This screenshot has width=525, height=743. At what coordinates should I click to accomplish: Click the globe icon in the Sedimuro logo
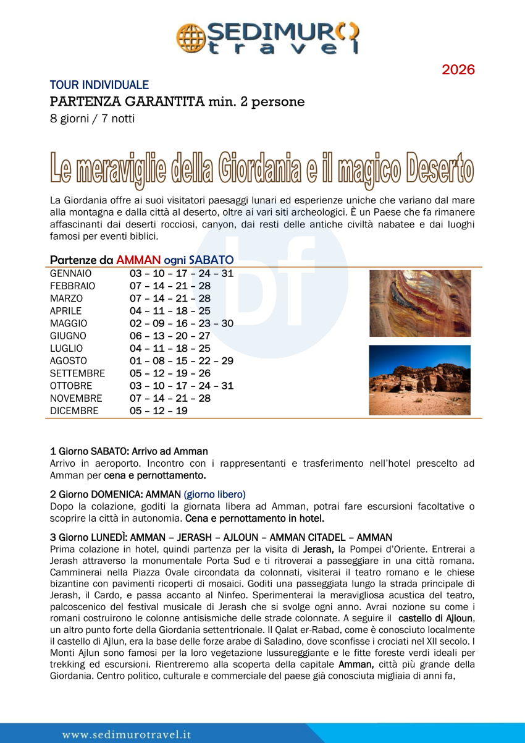click(190, 38)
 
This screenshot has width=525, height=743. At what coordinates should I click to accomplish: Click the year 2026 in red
click(458, 70)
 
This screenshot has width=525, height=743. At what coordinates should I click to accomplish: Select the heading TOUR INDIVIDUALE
click(99, 85)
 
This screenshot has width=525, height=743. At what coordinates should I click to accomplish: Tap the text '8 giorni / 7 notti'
click(93, 119)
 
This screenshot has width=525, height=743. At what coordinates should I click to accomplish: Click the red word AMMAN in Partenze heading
click(139, 260)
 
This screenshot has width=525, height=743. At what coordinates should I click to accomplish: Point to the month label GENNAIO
click(70, 273)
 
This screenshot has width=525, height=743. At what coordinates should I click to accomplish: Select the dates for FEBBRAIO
click(170, 286)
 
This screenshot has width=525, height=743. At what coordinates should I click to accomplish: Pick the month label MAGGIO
click(69, 323)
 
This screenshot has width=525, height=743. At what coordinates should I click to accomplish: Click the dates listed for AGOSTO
click(182, 361)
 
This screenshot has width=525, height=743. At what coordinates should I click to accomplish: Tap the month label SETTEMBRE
click(77, 373)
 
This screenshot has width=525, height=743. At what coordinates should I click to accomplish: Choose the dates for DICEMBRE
click(158, 410)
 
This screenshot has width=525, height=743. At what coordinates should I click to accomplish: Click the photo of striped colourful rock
click(420, 303)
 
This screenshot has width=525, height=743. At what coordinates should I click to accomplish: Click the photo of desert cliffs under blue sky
click(419, 380)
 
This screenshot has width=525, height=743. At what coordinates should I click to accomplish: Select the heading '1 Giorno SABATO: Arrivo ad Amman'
click(128, 451)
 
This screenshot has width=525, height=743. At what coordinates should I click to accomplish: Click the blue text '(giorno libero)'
click(214, 494)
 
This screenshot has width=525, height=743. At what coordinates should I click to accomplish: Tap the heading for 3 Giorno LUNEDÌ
click(220, 537)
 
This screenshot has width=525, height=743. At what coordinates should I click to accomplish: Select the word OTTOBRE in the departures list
click(70, 386)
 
